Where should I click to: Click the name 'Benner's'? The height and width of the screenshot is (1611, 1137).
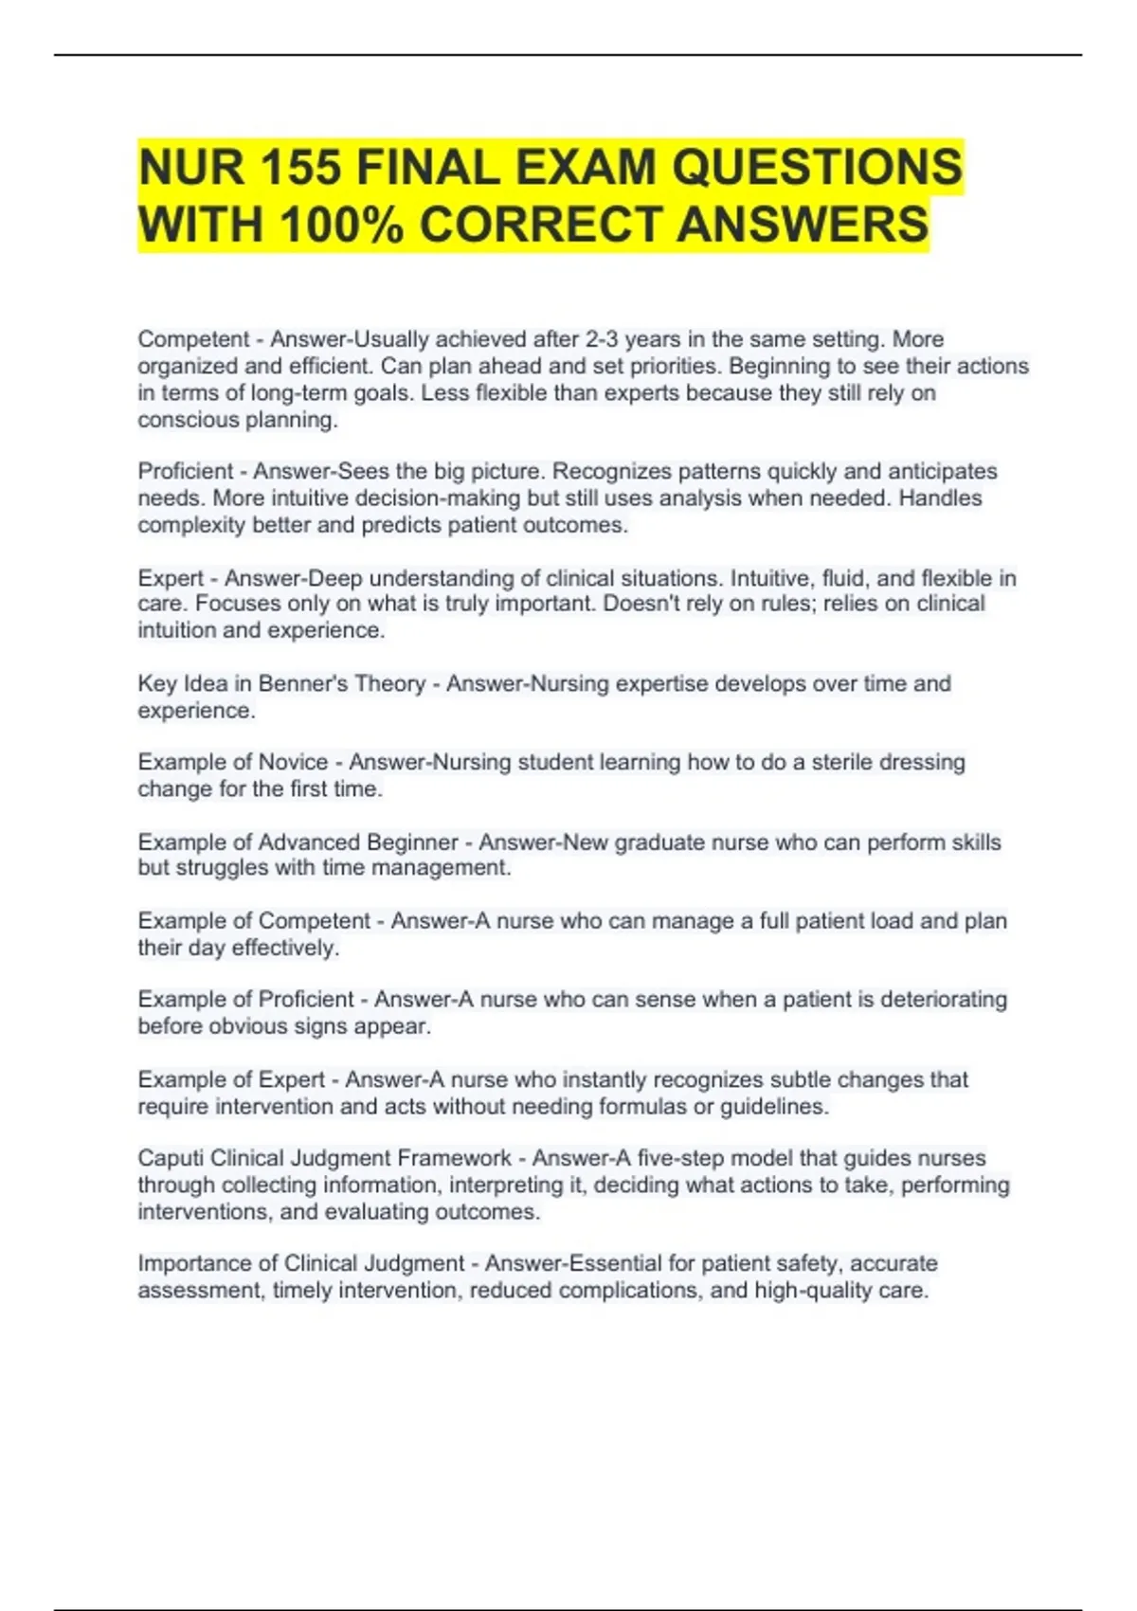[295, 684]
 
